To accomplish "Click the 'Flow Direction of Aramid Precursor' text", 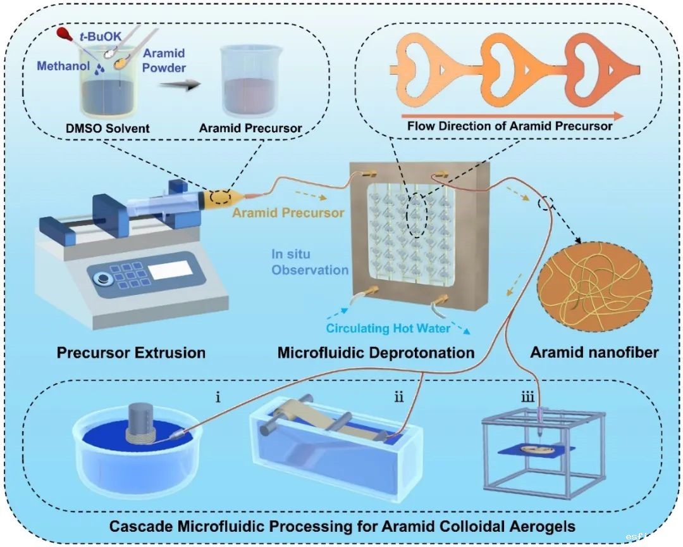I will click(510, 126).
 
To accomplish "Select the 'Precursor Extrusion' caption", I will click(131, 353).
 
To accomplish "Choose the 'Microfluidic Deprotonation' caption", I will click(376, 353).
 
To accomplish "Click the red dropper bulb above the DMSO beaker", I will click(63, 32).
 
